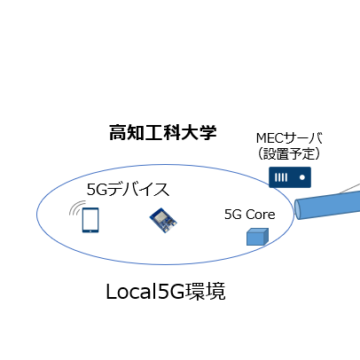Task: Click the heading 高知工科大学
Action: [x=163, y=133]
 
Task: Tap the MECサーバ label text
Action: [x=289, y=138]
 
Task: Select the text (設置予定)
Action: [x=289, y=153]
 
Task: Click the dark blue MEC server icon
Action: [x=290, y=177]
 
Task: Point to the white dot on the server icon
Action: [x=302, y=177]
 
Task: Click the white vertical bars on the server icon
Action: [x=281, y=177]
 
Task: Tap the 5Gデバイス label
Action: [x=128, y=189]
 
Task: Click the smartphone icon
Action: [x=90, y=220]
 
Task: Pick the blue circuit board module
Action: [x=163, y=220]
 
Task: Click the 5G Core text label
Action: [x=250, y=215]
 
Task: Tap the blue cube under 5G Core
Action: [x=257, y=237]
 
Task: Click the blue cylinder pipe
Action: [x=327, y=206]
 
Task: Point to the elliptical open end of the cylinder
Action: [x=298, y=209]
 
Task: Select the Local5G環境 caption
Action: [x=166, y=292]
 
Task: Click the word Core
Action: [x=261, y=215]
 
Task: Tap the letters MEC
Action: [x=270, y=138]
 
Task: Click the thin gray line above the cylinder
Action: [x=349, y=188]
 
